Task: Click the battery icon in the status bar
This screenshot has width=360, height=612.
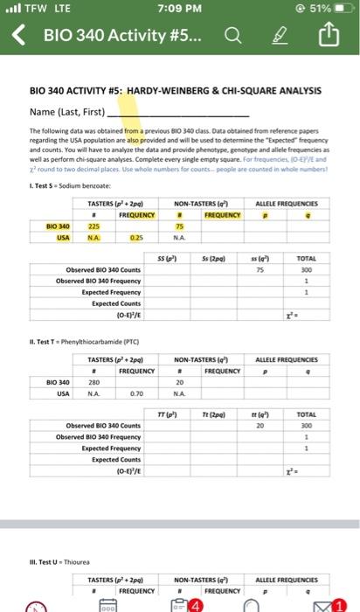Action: click(x=340, y=10)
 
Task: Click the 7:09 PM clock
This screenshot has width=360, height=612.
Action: click(x=180, y=10)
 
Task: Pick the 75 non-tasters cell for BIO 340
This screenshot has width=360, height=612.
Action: click(x=179, y=224)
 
